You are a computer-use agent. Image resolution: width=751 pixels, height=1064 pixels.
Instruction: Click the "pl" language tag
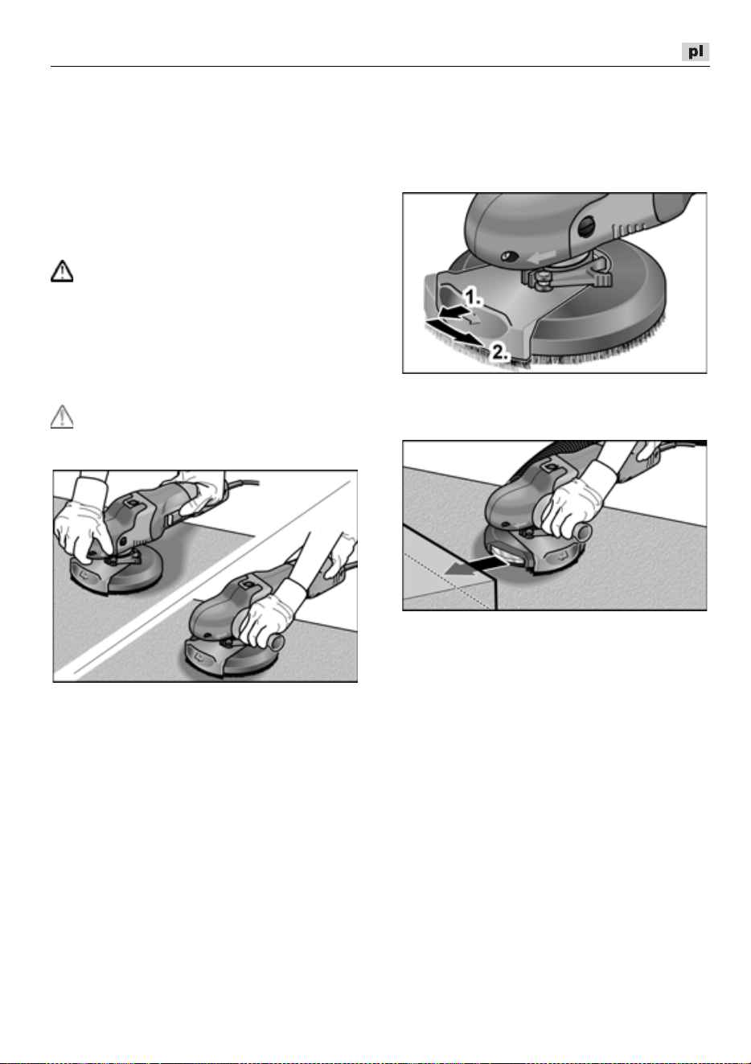point(695,51)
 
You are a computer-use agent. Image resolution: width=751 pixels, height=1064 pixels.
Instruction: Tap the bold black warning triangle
point(62,271)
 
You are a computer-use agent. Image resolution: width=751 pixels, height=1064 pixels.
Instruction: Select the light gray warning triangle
point(62,417)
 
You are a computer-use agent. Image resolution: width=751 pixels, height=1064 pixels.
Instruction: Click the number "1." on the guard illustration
point(473,298)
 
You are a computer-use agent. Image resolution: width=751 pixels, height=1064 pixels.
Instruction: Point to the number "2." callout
point(501,352)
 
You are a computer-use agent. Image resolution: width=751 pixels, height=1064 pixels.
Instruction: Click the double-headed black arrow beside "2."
point(453,332)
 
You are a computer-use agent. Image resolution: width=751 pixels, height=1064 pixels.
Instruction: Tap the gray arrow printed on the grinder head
point(541,257)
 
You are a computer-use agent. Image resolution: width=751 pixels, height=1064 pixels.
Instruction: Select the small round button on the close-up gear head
point(511,257)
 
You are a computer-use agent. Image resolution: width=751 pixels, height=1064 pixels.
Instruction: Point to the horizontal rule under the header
point(380,67)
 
